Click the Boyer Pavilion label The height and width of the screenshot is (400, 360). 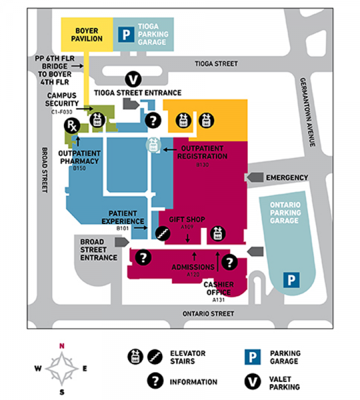coord(88,34)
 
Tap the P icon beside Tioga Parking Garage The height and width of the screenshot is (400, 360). coord(124,34)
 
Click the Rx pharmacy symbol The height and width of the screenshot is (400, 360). coord(75,126)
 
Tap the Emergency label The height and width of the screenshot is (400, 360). coord(287,177)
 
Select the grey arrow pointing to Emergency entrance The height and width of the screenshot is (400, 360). coord(254,177)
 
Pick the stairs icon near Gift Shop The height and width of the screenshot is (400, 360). coord(161,233)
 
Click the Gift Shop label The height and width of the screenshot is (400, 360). coord(187,219)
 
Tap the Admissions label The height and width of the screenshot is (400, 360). coord(193,267)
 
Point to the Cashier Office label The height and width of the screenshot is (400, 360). coord(219,287)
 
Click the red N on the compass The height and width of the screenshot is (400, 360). coord(61,345)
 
